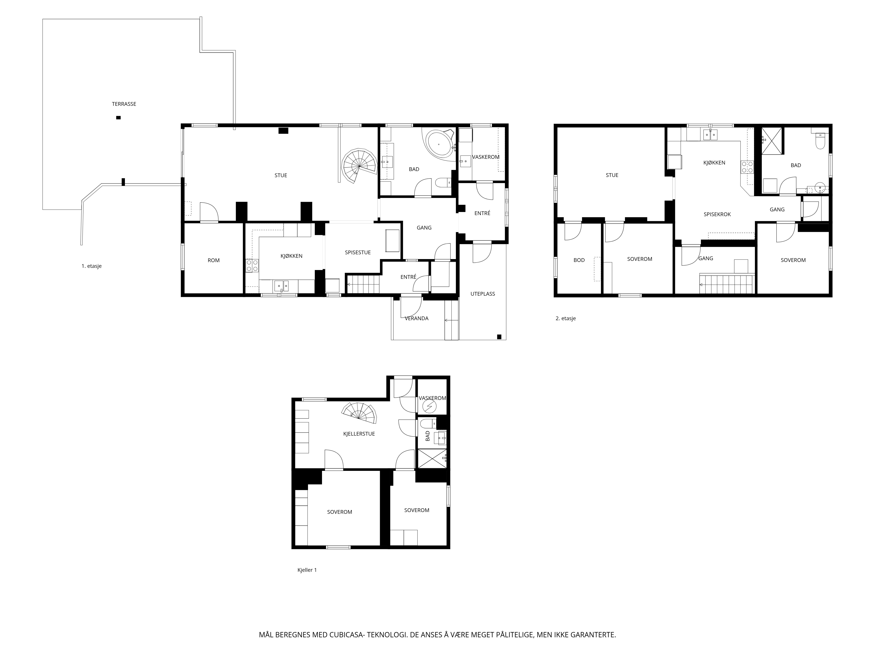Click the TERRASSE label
[124, 104]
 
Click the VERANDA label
[416, 318]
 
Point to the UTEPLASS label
[483, 294]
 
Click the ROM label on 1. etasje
[213, 261]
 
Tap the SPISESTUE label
[358, 253]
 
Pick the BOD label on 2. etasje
[579, 261]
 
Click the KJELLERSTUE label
[359, 434]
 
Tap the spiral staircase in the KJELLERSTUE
[360, 412]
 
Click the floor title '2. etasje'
[566, 318]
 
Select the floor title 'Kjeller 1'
[307, 570]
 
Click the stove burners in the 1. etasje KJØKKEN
[252, 265]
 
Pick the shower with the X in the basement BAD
[432, 459]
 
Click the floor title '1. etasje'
[91, 266]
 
